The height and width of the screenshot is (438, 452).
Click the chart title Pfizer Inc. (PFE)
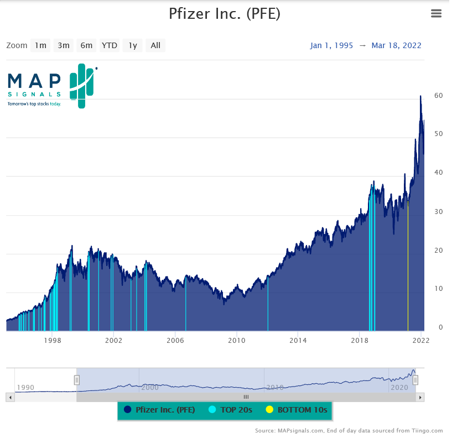[225, 13]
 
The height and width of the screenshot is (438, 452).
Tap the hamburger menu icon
[436, 14]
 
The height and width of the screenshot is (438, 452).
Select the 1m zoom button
[40, 45]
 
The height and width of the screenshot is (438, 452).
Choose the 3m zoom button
[64, 45]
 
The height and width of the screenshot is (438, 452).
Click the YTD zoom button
[110, 45]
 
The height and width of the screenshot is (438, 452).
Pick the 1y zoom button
[133, 45]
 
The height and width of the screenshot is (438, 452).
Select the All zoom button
[155, 45]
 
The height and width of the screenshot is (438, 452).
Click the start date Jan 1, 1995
[331, 45]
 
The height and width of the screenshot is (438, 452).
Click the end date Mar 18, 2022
[396, 45]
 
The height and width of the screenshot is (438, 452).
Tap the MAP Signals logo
[51, 86]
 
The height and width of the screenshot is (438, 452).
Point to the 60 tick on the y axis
[438, 95]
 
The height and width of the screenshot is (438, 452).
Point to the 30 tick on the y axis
[438, 211]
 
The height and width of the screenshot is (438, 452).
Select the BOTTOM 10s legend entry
[297, 410]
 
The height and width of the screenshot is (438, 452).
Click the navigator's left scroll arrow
[9, 397]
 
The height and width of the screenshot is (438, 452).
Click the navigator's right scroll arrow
[420, 397]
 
